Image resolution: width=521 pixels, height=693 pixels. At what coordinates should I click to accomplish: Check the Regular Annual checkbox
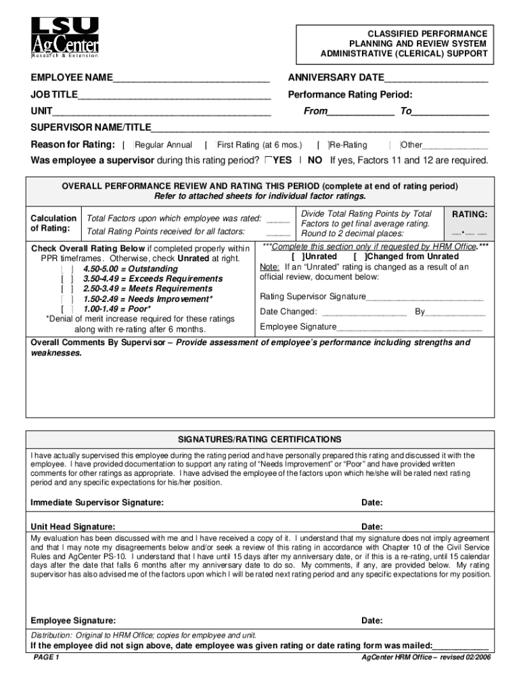pos(129,145)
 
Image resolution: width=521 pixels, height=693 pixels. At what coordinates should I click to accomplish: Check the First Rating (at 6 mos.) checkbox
pos(210,145)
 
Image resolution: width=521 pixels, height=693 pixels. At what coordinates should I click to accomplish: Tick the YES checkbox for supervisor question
pos(269,160)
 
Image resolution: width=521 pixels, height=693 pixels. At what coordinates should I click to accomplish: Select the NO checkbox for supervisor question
pos(300,160)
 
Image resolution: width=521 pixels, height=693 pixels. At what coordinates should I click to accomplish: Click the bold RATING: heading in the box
pos(470,215)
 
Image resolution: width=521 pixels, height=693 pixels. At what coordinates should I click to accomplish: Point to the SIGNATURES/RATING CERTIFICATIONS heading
pos(260,439)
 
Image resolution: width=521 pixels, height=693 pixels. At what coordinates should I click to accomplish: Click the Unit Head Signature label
pos(73,527)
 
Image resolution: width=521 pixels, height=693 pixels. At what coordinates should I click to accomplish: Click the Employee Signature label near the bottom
pos(73,621)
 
